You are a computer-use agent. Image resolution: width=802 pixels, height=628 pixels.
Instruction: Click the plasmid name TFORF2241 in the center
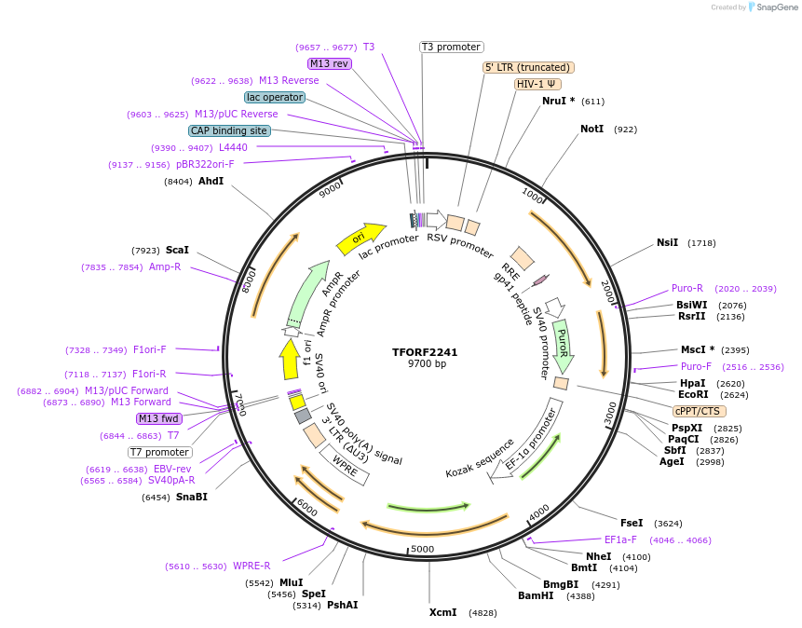tap(425, 352)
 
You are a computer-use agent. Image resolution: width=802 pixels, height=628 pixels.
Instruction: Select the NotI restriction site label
tap(591, 129)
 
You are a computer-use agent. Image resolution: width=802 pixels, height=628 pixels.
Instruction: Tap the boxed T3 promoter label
tap(451, 47)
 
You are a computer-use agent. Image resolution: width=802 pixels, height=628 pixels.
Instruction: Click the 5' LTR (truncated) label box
tap(528, 67)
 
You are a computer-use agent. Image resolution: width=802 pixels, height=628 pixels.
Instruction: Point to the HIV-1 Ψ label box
tap(538, 84)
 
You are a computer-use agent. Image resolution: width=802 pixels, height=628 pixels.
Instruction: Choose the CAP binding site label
tap(229, 130)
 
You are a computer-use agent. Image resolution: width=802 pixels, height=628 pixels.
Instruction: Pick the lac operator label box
tap(275, 97)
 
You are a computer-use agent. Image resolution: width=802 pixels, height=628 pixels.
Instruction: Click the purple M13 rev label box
tap(329, 63)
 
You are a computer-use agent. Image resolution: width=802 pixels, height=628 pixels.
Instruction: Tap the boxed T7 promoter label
tap(160, 452)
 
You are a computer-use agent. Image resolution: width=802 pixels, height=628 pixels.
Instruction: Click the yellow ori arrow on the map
tap(360, 239)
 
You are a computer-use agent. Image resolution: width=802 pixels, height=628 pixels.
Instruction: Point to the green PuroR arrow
tap(562, 342)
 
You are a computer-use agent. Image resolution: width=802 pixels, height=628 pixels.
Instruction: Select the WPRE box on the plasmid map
tap(345, 464)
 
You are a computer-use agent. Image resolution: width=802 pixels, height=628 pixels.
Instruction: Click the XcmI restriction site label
tap(443, 612)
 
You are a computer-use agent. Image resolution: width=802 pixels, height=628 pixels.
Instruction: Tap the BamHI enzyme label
tap(536, 595)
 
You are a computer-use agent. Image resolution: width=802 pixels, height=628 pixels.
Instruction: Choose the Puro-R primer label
tap(687, 288)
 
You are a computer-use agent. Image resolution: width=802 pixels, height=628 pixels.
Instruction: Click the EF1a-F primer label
tap(620, 539)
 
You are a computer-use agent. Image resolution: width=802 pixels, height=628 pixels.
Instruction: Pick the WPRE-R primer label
tap(251, 566)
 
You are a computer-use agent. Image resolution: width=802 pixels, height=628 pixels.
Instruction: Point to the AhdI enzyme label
tap(211, 181)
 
